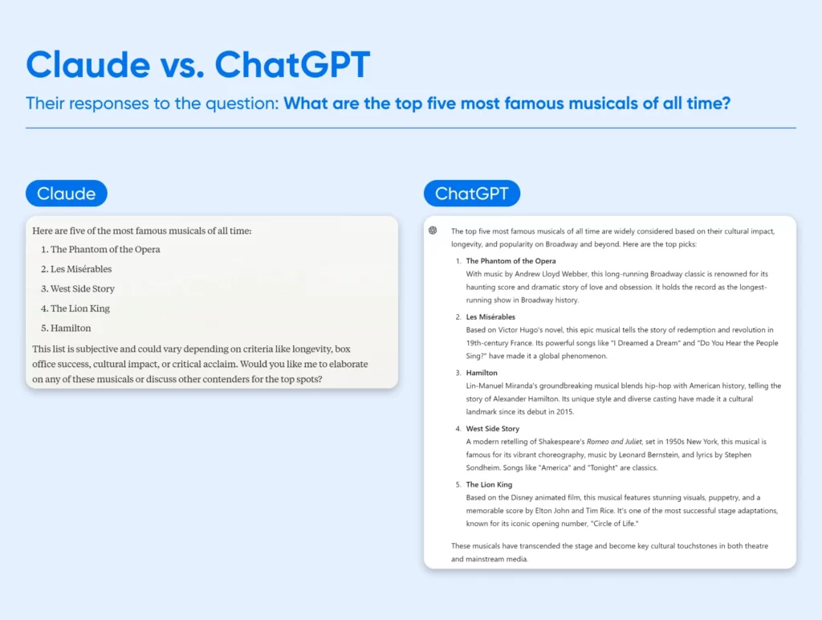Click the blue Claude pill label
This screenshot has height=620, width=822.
point(67,194)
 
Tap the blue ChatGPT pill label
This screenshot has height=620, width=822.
point(472,194)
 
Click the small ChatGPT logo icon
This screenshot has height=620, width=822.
point(433,230)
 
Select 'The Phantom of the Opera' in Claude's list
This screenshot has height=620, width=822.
point(105,250)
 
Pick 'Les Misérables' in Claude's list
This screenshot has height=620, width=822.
point(81,269)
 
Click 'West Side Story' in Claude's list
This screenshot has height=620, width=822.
point(83,289)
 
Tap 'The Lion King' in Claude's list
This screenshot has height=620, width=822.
point(80,308)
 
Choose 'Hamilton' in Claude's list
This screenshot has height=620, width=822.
point(71,328)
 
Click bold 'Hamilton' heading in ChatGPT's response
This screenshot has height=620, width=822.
point(482,373)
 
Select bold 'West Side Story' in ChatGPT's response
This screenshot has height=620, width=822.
point(493,429)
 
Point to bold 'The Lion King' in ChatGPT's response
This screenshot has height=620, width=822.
point(489,484)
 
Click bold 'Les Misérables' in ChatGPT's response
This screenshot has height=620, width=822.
point(490,316)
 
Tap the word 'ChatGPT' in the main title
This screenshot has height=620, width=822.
point(292,65)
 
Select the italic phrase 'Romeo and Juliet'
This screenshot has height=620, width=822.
point(614,442)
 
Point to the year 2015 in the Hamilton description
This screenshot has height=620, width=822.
point(564,412)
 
